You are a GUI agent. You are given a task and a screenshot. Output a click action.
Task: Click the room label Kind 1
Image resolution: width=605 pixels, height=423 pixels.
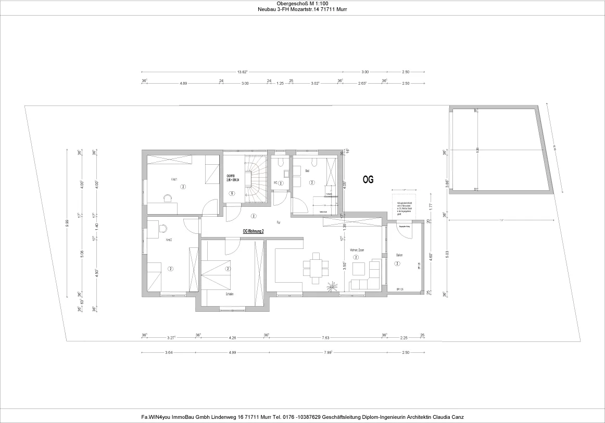(x=174, y=180)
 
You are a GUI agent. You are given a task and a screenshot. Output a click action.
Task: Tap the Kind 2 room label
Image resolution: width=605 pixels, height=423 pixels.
(x=169, y=240)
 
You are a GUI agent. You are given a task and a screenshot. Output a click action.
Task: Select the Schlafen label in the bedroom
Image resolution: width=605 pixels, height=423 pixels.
(x=230, y=294)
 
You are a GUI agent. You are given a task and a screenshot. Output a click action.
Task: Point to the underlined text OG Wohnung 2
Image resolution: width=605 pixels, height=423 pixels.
(x=253, y=230)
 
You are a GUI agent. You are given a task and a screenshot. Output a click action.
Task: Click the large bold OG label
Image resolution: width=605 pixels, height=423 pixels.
(x=368, y=179)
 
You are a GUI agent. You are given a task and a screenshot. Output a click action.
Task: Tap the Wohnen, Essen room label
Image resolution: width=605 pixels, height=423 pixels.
(x=357, y=250)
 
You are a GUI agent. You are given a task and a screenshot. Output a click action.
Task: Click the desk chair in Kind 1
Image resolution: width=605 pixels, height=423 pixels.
(x=168, y=197)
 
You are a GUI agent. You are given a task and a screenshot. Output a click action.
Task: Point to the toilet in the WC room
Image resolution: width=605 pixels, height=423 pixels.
(x=281, y=162)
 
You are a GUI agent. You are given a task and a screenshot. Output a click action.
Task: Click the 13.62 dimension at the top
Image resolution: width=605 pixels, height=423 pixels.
(x=242, y=72)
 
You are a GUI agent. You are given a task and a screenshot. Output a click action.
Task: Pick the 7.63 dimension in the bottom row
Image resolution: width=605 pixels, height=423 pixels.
(x=325, y=338)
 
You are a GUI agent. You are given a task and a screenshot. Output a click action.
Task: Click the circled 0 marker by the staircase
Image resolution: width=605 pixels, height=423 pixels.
(x=232, y=193)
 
